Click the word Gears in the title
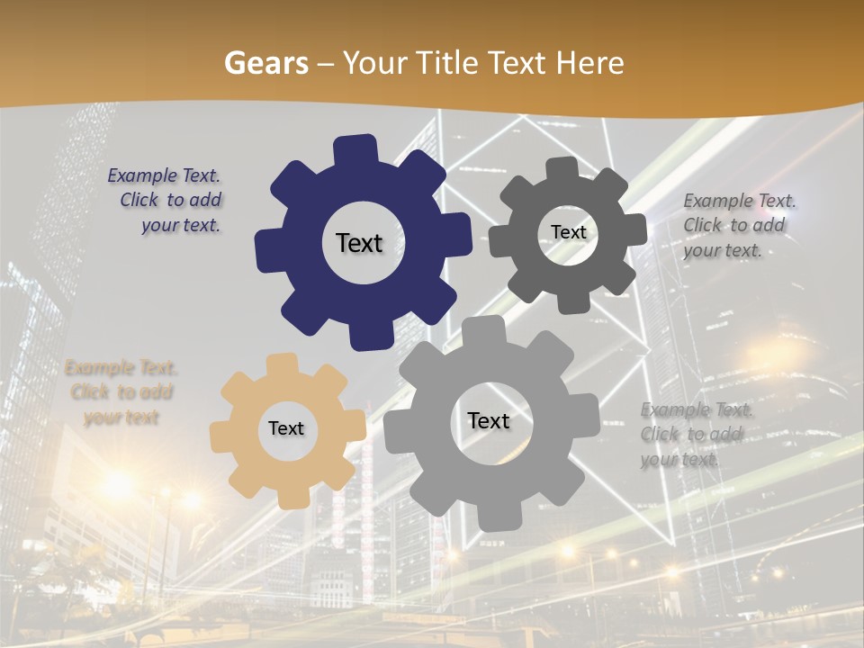266,63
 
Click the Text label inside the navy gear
359,243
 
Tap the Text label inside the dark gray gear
568,232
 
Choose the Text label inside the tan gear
286,428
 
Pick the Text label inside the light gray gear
489,420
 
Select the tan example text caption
121,392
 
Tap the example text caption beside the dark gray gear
738,225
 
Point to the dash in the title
327,63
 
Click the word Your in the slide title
373,63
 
